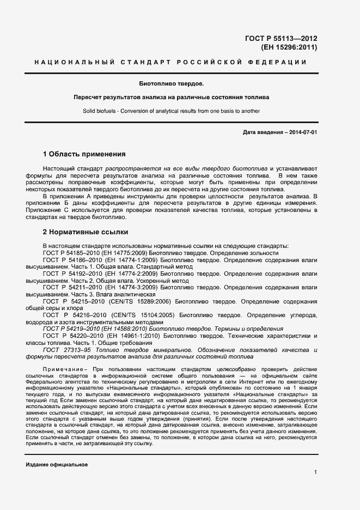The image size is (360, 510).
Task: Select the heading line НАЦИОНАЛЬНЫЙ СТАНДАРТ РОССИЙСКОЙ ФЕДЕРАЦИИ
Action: coord(170,63)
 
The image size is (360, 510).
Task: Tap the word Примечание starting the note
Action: coord(62,369)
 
